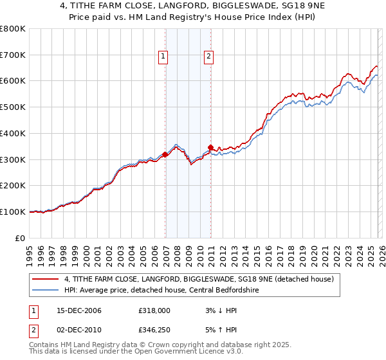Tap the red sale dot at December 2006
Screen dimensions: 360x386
[x=165, y=154]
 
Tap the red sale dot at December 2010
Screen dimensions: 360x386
[x=210, y=147]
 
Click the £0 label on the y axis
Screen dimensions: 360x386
[x=21, y=238]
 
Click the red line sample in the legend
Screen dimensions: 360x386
[x=46, y=280]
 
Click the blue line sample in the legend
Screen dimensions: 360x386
[x=46, y=290]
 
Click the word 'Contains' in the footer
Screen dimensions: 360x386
[x=45, y=346]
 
